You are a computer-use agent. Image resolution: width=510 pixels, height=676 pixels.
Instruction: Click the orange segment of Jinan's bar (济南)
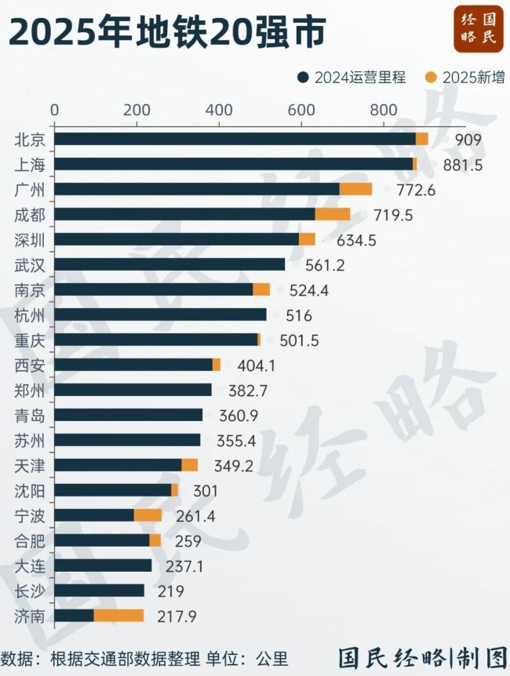point(118,616)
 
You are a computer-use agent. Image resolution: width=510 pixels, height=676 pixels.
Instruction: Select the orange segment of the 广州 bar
point(355,189)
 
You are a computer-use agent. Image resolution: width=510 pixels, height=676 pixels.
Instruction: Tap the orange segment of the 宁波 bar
point(148,515)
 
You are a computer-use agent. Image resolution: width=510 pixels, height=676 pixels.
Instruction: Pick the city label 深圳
point(31,239)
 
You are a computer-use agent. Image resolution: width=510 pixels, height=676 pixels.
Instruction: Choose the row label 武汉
point(31,264)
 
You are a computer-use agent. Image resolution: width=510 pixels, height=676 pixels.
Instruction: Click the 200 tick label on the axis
point(137,109)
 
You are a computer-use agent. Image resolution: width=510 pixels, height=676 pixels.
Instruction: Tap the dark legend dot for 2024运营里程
point(304,77)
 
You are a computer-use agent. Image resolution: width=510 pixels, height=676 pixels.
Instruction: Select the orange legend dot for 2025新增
point(431,77)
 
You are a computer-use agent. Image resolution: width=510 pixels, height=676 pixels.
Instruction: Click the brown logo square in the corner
point(478,29)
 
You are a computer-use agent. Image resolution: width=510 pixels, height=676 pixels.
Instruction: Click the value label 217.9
point(177,616)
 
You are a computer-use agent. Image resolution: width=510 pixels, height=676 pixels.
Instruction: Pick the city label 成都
point(31,214)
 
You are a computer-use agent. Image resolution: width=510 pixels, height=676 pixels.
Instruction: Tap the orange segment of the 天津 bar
point(189,465)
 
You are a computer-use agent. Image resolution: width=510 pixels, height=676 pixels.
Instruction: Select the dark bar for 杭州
point(160,314)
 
